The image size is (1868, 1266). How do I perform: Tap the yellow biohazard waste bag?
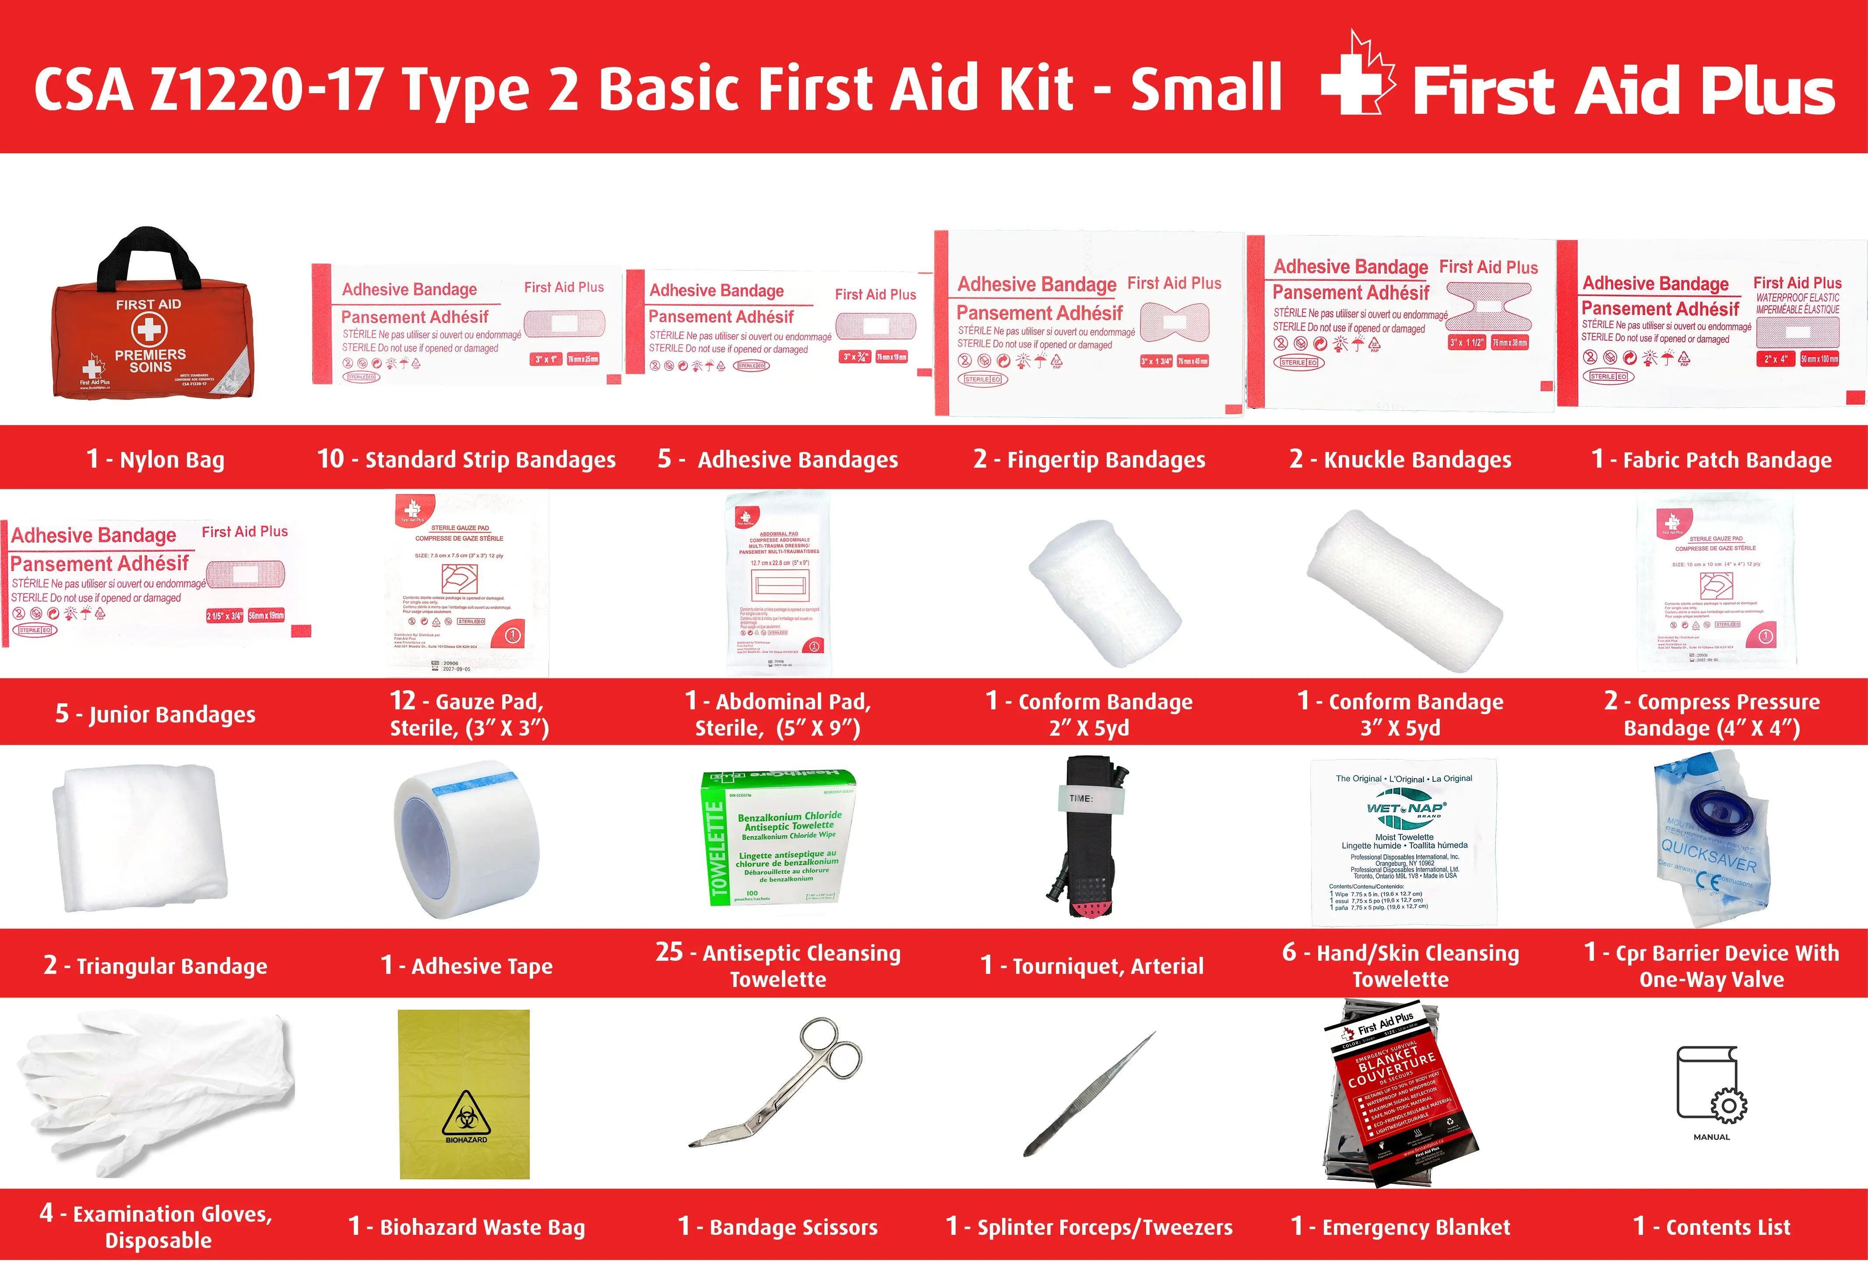click(x=464, y=1093)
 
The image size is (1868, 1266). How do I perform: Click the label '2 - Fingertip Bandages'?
click(x=1089, y=460)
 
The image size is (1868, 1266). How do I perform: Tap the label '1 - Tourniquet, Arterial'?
click(x=1091, y=966)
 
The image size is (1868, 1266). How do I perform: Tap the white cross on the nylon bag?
click(x=149, y=330)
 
